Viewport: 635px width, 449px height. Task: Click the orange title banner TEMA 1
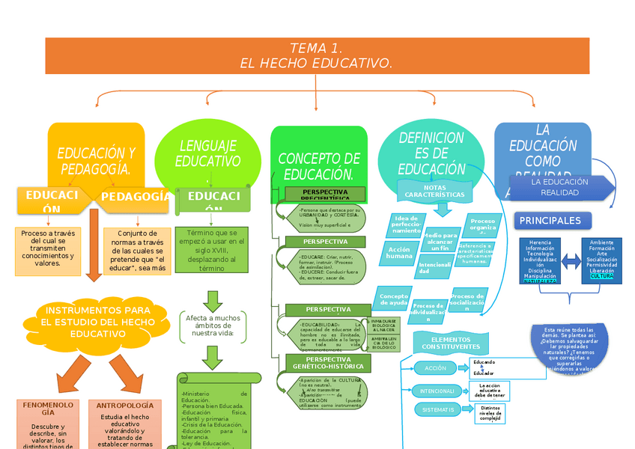coord(317,56)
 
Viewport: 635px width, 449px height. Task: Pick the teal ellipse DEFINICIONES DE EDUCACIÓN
coord(431,153)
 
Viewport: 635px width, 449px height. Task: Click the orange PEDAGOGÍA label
coord(135,196)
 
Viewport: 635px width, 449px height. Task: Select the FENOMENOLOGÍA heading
coord(48,409)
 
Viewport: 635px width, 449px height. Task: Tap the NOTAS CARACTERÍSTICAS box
coord(435,191)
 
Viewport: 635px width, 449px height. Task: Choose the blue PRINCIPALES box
coord(553,221)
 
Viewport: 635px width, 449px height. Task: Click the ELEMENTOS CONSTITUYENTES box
coord(451,343)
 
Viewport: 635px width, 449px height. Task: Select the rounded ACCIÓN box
coord(435,368)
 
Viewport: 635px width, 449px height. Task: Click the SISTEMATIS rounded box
coord(437,409)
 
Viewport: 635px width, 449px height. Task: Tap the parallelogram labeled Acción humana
coord(399,253)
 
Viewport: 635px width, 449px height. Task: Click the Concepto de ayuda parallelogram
coord(393,299)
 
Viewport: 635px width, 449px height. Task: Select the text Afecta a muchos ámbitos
coord(213,326)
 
